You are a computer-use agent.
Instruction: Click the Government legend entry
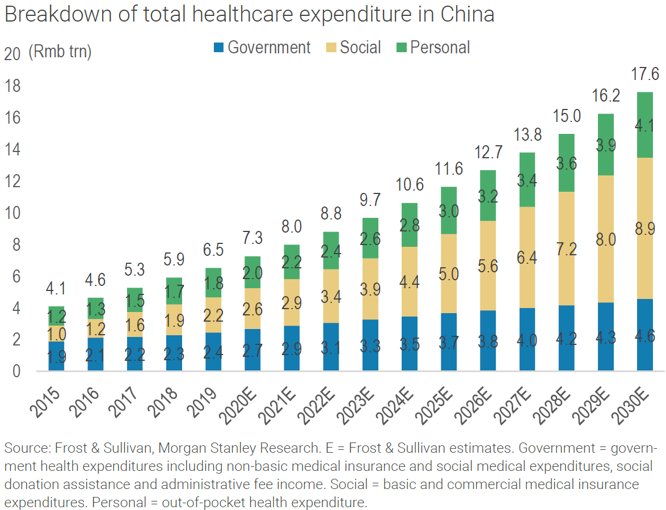(x=262, y=48)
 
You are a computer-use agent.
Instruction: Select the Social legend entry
(x=354, y=48)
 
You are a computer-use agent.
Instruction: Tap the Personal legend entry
(x=433, y=48)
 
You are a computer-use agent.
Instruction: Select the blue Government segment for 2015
(x=56, y=356)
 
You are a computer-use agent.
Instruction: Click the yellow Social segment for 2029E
(x=605, y=239)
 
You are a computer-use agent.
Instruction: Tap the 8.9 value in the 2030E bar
(x=644, y=229)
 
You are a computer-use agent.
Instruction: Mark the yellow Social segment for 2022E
(x=331, y=296)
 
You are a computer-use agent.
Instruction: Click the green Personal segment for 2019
(x=213, y=283)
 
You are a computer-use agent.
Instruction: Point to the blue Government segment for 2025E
(x=449, y=342)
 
